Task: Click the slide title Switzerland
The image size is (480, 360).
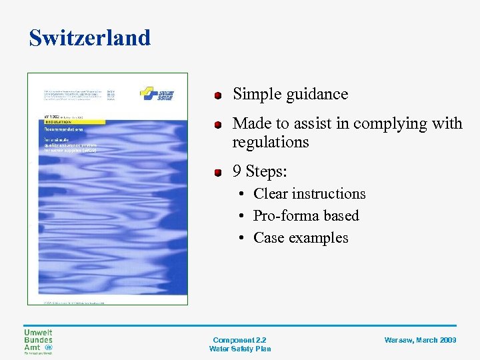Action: coord(90,38)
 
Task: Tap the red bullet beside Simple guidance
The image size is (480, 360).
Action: coord(217,95)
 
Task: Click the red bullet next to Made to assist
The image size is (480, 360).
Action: coord(217,125)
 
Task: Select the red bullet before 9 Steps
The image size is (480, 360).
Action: coord(217,173)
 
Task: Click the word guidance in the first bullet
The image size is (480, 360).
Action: coord(317,95)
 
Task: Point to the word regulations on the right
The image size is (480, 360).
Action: coord(270,142)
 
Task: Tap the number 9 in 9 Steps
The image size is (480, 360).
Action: coord(237,171)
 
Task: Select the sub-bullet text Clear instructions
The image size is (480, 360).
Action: coord(309,194)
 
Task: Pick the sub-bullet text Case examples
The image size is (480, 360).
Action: coord(301,238)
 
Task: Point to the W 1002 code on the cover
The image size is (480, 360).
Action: coord(53,117)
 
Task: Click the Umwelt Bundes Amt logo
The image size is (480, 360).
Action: coord(38,342)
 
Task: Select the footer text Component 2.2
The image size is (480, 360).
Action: coord(240,340)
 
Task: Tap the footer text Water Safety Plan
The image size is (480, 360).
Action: coord(240,349)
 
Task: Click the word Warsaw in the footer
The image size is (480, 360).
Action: coord(399,340)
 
